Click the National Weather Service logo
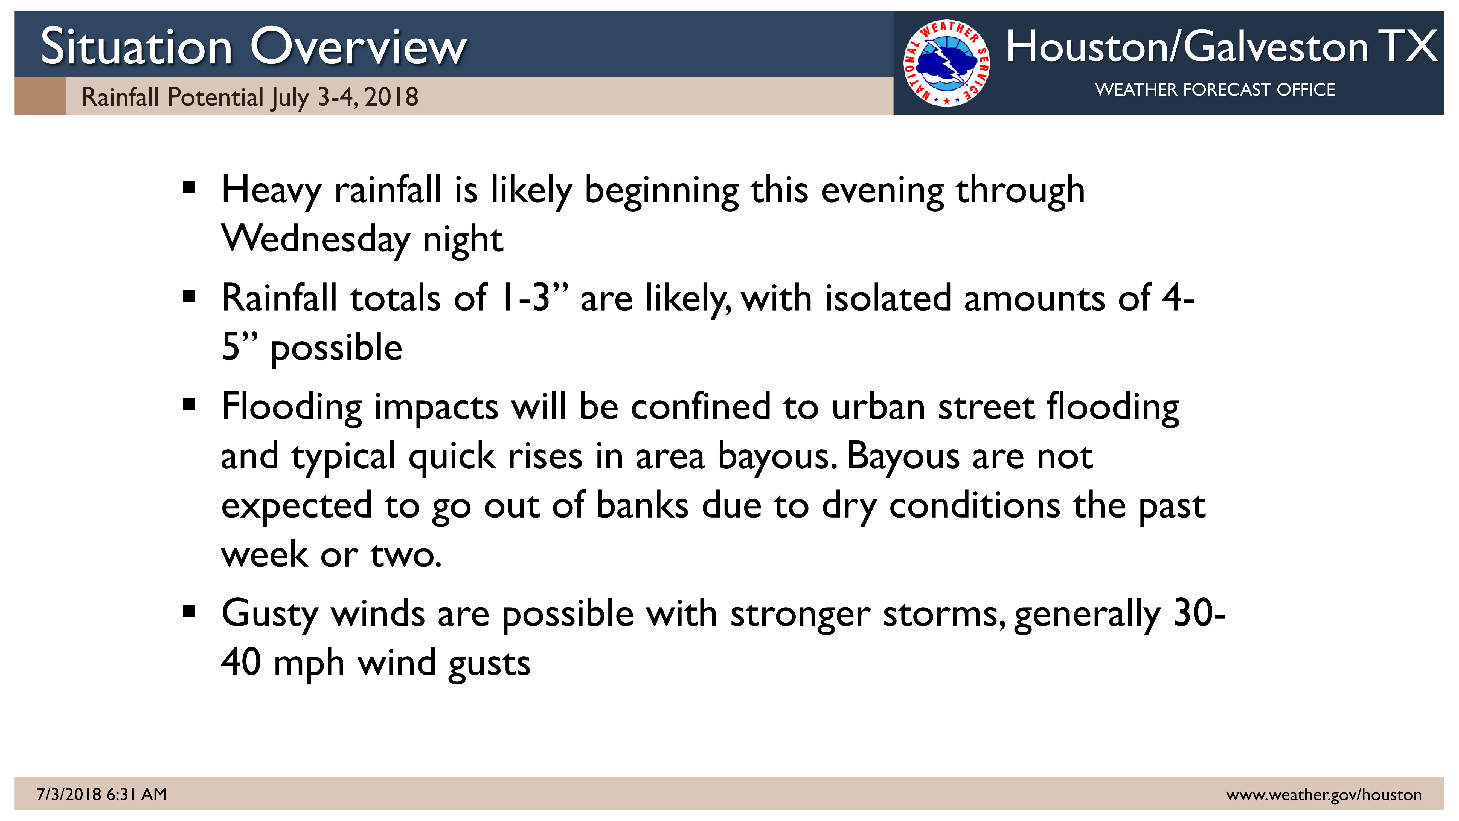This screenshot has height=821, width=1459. click(x=946, y=63)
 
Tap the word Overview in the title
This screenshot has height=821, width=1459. click(x=359, y=47)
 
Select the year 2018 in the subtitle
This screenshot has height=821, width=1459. click(x=391, y=97)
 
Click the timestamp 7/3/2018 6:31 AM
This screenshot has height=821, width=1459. click(x=102, y=794)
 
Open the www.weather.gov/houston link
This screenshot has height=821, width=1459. click(x=1324, y=795)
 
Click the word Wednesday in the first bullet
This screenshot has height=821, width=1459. click(x=315, y=239)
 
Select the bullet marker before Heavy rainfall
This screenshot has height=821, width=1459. click(x=189, y=187)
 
